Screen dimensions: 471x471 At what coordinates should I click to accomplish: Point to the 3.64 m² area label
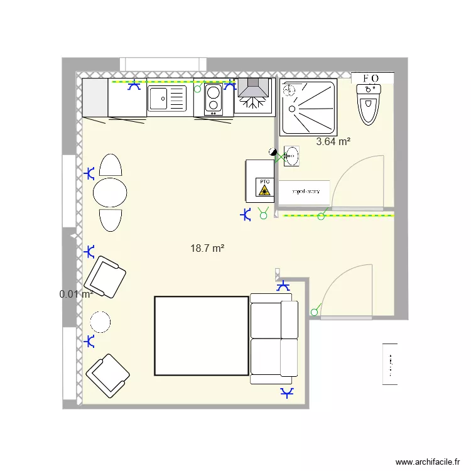point(333,142)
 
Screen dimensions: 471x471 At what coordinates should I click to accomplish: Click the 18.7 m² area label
point(207,249)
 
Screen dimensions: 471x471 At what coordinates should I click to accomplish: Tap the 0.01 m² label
point(76,294)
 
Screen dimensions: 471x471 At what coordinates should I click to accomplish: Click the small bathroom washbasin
point(291,156)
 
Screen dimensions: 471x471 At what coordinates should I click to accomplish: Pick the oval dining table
point(110,192)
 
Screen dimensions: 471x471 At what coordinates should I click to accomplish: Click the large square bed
point(201,336)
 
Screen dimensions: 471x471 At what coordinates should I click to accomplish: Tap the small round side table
point(100,322)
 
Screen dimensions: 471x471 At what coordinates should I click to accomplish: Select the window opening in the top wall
point(163,64)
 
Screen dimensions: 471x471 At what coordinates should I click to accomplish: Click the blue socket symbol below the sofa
point(288,394)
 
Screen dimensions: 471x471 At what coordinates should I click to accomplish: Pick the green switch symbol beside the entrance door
point(315,311)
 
